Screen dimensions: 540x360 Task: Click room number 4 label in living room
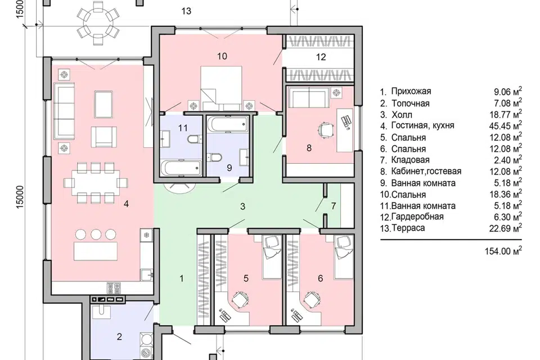[126, 204]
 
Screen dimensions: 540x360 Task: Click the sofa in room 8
[309, 97]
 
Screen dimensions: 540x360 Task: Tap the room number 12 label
[321, 57]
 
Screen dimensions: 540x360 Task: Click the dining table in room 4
[96, 183]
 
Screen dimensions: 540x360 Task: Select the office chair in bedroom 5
[240, 299]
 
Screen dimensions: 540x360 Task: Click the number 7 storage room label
[333, 206]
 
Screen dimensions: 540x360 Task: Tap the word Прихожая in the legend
[411, 91]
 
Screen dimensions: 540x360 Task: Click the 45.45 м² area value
[505, 126]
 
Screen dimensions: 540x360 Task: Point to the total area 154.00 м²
[503, 251]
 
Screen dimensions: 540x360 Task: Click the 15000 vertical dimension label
[20, 197]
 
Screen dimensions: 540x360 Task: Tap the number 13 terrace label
[186, 11]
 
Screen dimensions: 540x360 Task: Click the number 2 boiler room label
[119, 336]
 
